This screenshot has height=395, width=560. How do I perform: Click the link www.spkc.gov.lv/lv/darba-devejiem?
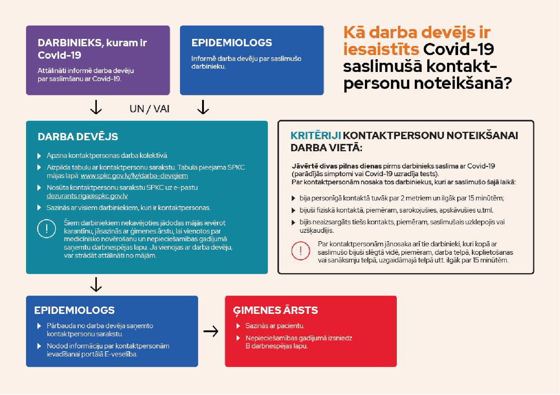[134, 176]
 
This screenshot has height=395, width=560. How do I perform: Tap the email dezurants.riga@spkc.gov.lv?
[87, 196]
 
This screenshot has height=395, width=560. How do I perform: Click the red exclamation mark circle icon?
[301, 251]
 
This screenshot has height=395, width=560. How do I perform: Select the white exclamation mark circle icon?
[47, 229]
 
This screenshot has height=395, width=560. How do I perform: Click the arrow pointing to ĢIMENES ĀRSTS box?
[211, 331]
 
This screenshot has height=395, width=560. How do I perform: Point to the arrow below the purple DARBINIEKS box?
[96, 107]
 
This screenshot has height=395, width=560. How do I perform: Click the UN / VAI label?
[149, 109]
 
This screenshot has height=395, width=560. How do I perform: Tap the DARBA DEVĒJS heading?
[78, 137]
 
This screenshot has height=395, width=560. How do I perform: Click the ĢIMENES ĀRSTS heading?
[275, 310]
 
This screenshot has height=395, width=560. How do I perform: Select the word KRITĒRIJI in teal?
[315, 135]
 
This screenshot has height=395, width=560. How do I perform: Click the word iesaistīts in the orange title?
[381, 49]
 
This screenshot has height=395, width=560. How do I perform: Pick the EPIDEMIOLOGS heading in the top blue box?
[232, 43]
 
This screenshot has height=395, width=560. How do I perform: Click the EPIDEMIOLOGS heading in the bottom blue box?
[74, 310]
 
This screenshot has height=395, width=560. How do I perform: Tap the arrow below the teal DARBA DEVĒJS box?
[96, 285]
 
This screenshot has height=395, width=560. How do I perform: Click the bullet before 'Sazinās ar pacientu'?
[238, 326]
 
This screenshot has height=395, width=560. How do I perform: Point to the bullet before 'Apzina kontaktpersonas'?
[39, 156]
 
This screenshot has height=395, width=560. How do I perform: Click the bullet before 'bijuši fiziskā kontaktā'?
[293, 210]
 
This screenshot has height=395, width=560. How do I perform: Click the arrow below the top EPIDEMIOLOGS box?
[203, 107]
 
